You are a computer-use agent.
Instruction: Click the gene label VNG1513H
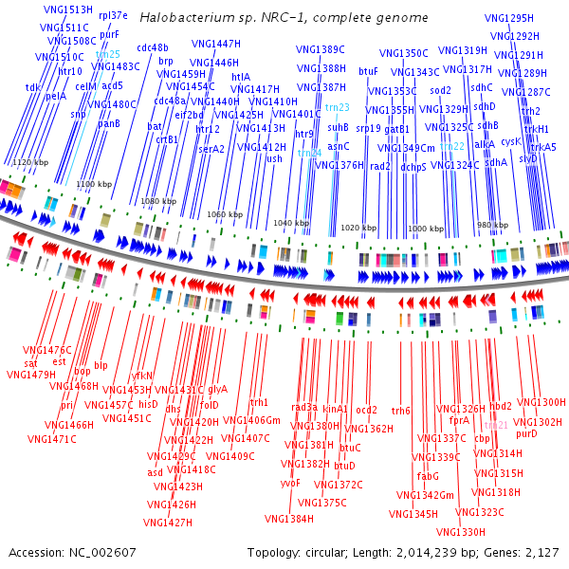(67, 9)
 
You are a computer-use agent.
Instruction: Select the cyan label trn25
(107, 54)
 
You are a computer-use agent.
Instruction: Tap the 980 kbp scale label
(491, 224)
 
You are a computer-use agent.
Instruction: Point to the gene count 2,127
(541, 552)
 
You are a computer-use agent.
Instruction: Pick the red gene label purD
(526, 433)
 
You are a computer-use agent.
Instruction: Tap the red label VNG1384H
(288, 519)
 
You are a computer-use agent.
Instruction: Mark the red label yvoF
(290, 483)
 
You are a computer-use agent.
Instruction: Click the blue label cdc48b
(152, 47)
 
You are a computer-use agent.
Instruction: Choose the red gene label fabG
(428, 476)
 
